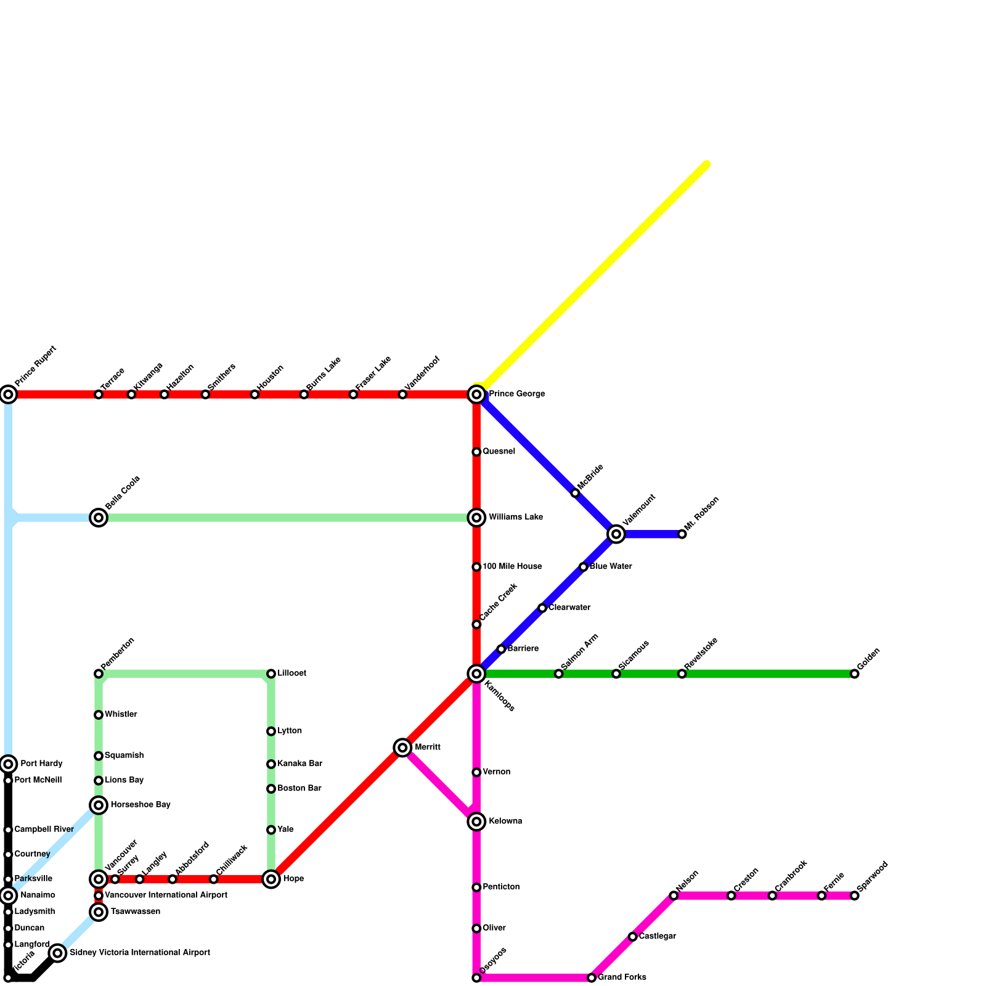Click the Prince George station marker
pos(476,394)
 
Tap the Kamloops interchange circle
pos(476,674)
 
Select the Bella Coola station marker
pos(99,518)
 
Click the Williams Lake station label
pos(516,518)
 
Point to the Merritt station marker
pos(402,748)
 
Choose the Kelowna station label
pos(505,821)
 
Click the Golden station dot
pos(854,674)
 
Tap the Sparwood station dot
pos(854,895)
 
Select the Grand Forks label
pos(622,977)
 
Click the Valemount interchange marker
pos(616,534)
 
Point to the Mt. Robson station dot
pos(682,534)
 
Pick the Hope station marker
pos(271,879)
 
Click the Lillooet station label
pos(291,674)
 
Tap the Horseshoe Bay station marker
pos(99,805)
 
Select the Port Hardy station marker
pos(8,764)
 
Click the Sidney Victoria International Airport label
pos(140,953)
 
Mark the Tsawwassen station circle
pos(99,911)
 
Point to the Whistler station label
pos(121,715)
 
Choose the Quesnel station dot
pos(476,452)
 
